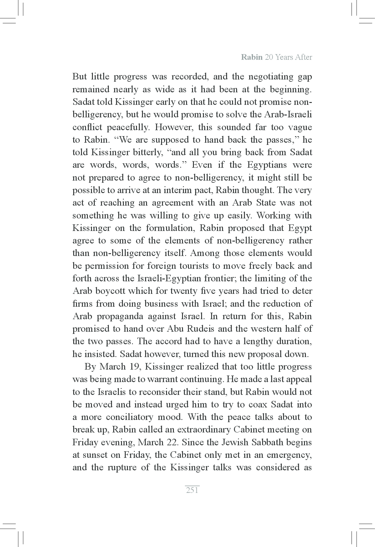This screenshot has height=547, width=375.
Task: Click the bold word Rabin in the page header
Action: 252,58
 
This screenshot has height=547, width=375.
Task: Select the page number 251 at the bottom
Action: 192,490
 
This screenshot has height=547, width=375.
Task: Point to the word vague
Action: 299,127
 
